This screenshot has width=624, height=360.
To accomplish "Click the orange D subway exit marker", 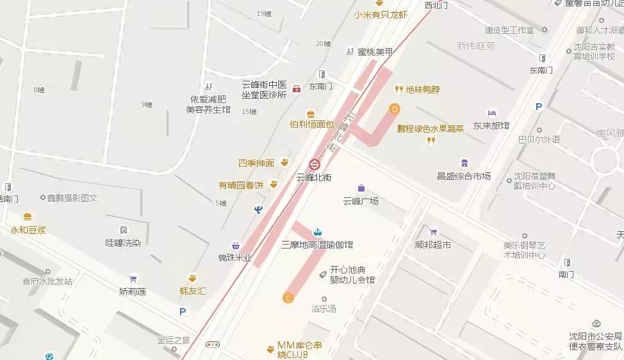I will tap(395, 109).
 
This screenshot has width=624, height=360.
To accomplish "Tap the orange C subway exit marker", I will tap(288, 297).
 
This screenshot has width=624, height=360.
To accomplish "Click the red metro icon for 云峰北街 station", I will tap(315, 163).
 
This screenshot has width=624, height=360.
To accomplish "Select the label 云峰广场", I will tap(361, 200).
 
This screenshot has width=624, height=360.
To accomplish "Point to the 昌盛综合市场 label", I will tap(463, 176).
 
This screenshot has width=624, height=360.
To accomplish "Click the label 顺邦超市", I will tap(432, 245).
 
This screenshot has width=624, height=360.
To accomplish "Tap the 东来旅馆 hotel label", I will tap(491, 126).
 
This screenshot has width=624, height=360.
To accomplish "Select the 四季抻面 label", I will tap(256, 163).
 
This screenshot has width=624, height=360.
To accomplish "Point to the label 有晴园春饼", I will tap(241, 185).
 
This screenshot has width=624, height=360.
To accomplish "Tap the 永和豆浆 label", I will tap(28, 229).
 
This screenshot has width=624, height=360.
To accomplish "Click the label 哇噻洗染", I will tap(123, 243).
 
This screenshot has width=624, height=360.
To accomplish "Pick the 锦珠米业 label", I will tap(234, 258).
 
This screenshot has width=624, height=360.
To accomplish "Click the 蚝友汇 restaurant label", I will tap(193, 291).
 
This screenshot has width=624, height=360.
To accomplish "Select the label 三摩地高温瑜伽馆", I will tap(317, 245).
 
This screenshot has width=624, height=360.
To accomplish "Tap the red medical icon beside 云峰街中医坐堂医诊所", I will tap(297, 88).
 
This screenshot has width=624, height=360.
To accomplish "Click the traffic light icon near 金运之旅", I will tap(213, 345).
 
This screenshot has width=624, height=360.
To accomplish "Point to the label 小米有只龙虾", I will tap(380, 14).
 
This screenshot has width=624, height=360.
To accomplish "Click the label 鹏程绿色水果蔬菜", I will tap(430, 129).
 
